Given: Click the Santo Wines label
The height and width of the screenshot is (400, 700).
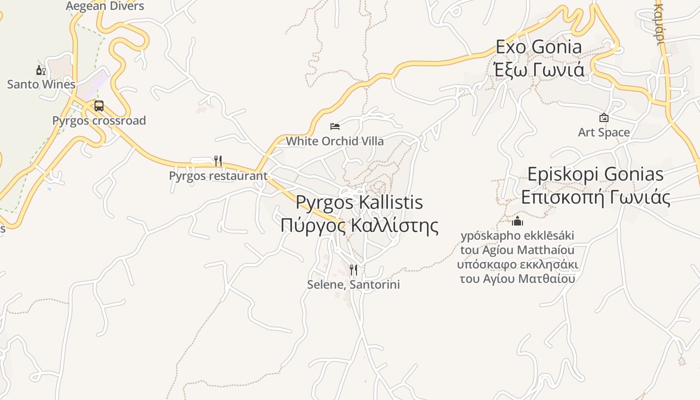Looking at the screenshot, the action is [41, 84].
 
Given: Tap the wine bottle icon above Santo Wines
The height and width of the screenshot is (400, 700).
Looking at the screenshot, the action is [41, 70].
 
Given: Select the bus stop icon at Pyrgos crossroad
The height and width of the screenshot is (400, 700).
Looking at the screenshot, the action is [99, 106].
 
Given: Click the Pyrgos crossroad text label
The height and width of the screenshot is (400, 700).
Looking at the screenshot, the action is [99, 120].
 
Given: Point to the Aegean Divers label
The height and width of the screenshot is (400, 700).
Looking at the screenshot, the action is [105, 6].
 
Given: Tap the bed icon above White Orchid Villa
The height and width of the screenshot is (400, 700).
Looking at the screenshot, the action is [335, 126].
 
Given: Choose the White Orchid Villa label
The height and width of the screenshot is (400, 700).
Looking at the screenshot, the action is [334, 141].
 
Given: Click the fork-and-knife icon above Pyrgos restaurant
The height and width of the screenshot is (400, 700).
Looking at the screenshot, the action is [218, 161].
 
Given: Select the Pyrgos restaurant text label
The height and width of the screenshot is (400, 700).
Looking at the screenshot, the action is [218, 176].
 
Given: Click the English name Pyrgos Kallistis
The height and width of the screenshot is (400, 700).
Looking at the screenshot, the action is [359, 202].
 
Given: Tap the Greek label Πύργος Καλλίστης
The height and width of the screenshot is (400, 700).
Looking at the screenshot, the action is [359, 225].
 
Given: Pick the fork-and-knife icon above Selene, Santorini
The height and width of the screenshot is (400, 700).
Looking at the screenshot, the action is [353, 270].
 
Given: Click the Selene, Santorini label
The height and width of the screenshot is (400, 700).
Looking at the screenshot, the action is [353, 284].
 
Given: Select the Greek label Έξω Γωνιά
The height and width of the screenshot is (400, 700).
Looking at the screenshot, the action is [538, 70].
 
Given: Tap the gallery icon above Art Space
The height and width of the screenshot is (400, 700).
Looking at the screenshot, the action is [604, 118].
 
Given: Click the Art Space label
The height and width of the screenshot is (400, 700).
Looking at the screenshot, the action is [604, 132].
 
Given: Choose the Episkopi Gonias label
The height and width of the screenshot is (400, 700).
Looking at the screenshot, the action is [595, 174].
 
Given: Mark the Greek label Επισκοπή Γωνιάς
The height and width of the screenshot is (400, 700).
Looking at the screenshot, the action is [595, 197].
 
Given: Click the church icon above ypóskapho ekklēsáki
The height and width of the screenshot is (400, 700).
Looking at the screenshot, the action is [517, 221].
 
